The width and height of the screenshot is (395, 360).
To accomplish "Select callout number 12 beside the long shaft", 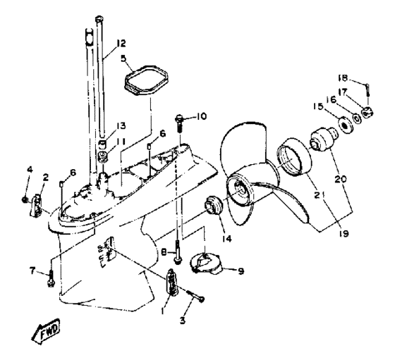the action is [x=121, y=43].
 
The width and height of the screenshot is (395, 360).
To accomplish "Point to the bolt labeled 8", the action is [x=178, y=252].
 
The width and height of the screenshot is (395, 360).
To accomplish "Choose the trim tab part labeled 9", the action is [x=206, y=264].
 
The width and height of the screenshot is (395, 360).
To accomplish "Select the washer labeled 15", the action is [x=345, y=124].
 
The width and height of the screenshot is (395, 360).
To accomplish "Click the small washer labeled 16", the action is [x=356, y=118].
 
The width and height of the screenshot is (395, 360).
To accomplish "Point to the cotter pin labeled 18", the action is [x=367, y=89].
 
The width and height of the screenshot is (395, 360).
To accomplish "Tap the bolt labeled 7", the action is [x=51, y=278].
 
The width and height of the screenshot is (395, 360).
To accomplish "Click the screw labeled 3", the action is [x=197, y=295].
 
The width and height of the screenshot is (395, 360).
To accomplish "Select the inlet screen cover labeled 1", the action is [x=172, y=282].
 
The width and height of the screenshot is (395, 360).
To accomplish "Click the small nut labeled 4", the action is [x=25, y=200].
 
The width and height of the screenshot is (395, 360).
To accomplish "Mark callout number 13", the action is [x=121, y=126].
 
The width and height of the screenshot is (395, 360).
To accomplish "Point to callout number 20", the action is [x=341, y=179].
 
